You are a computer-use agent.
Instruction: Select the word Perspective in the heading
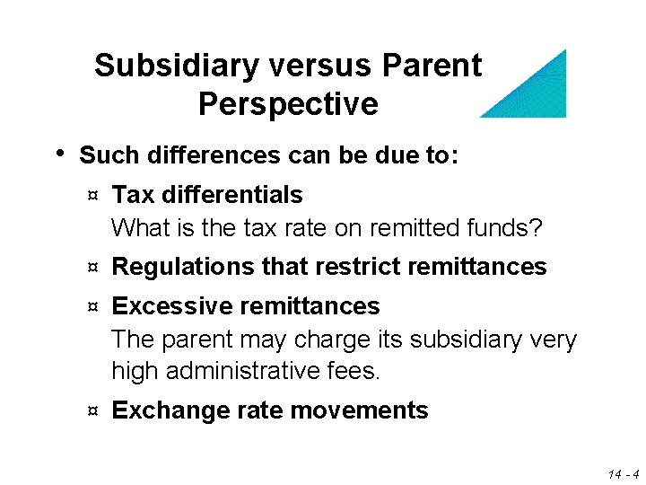point(288,104)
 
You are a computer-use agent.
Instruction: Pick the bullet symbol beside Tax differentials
point(92,195)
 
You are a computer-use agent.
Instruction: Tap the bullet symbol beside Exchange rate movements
point(92,411)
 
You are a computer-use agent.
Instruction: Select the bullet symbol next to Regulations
point(92,267)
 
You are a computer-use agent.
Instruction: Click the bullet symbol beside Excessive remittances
point(92,306)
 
